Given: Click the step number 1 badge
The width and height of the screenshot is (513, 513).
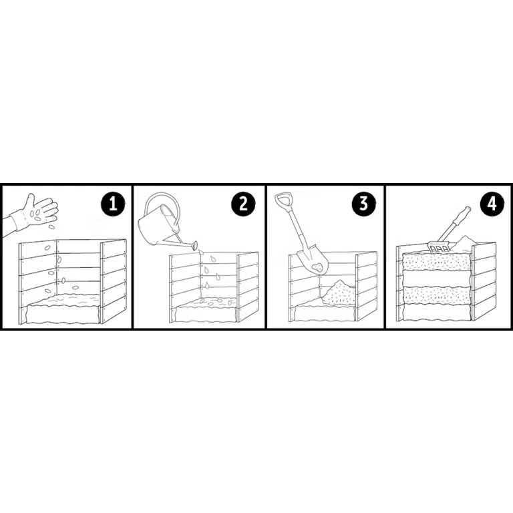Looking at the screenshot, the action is [x=113, y=204].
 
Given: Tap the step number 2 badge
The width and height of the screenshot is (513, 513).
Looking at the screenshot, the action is [x=243, y=204].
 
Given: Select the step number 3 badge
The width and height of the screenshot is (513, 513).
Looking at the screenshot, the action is [x=364, y=203].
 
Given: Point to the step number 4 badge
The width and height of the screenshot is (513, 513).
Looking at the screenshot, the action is [x=492, y=204].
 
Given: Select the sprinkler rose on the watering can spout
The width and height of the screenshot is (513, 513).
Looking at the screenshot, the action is [x=194, y=245].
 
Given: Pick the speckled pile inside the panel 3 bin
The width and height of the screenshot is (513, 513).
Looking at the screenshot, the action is [x=339, y=293].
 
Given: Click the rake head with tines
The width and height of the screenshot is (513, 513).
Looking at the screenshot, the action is [x=439, y=248].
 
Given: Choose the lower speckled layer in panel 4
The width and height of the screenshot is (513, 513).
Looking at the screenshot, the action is [x=438, y=295].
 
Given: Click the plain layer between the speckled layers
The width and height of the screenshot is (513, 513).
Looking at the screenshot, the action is [x=438, y=279].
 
